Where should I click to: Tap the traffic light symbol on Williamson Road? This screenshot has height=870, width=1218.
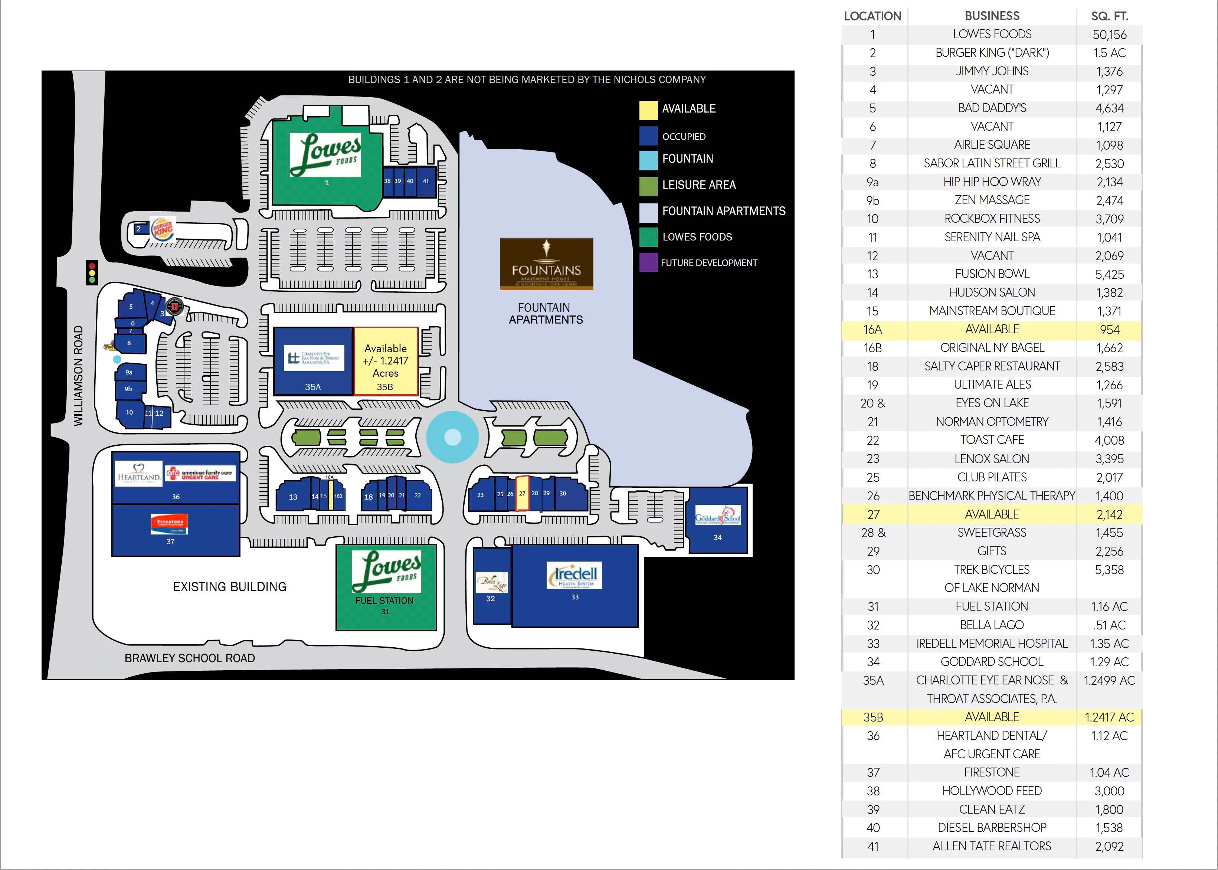coord(92,273)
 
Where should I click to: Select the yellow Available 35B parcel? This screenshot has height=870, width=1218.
coord(385,362)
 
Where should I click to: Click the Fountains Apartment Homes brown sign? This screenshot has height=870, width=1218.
coord(546,264)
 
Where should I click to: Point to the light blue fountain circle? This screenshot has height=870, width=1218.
coord(453,437)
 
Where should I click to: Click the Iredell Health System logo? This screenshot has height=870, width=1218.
coord(574,575)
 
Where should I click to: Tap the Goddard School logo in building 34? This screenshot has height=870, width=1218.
coord(718,516)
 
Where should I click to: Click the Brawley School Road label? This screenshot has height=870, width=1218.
coord(190,658)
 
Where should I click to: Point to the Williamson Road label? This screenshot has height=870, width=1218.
coord(79,376)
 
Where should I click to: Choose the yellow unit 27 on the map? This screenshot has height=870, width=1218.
coord(522,493)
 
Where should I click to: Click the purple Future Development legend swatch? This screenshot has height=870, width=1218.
coord(648,262)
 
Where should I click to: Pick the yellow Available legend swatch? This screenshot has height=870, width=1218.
coord(648,109)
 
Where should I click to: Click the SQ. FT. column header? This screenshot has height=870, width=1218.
coord(1109,16)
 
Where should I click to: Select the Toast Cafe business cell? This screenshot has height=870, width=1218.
coord(992,440)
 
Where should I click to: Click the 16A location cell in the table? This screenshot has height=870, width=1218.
coord(873,330)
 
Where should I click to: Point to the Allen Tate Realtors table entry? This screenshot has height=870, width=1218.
coord(992,846)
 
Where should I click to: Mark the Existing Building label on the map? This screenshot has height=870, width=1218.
coord(230,586)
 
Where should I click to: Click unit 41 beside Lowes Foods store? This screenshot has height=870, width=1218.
coord(426,181)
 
